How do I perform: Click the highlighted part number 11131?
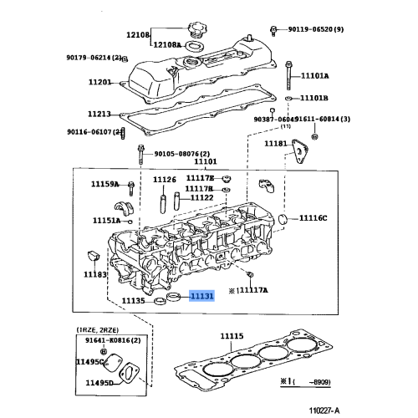point(202,296)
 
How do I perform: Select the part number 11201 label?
point(99,82)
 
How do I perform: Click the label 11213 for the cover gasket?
point(99,113)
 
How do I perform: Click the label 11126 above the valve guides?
point(165,180)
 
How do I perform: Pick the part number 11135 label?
point(134,300)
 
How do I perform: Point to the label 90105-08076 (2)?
point(182,154)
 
